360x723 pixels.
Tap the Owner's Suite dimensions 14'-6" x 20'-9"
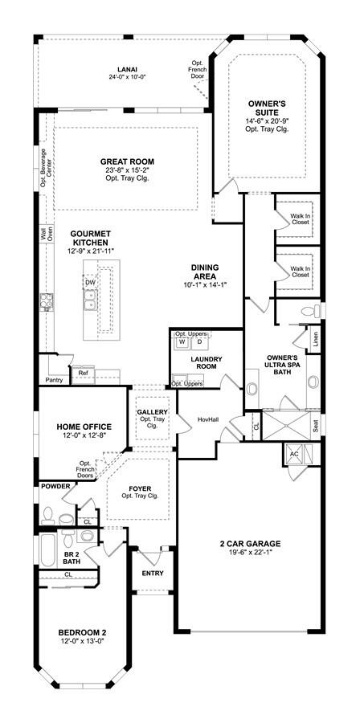[268, 121]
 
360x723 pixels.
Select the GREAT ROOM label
[127, 161]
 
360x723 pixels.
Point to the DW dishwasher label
[89, 282]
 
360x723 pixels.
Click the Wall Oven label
[47, 233]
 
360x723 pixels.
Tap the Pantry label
[54, 381]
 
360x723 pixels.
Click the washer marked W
[182, 342]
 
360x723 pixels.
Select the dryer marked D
[199, 342]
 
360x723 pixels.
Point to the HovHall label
[208, 420]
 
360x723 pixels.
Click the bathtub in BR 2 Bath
[47, 551]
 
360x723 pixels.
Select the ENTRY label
[152, 573]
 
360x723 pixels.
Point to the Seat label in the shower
[316, 425]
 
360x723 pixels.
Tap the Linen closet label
[316, 339]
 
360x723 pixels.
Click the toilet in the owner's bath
[312, 312]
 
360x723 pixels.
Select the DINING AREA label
[205, 272]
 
